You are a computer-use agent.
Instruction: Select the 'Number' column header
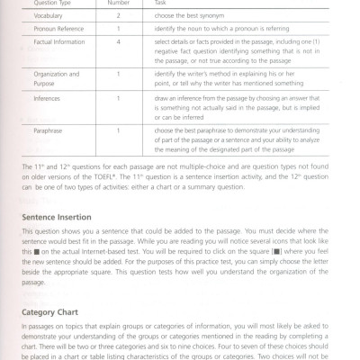(x=131, y=3)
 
